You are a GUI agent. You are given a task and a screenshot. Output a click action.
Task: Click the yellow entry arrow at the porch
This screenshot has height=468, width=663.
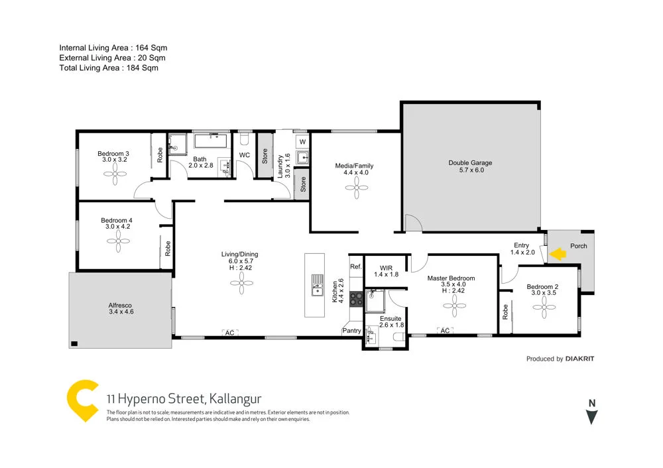pos(558,253)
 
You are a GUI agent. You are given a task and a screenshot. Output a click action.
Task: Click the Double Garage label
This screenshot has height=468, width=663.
pos(470,162)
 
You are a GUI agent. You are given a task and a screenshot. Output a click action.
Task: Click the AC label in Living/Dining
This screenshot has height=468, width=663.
pos(229,333)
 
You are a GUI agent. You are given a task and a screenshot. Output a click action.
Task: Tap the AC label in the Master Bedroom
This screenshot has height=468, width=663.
pos(445,330)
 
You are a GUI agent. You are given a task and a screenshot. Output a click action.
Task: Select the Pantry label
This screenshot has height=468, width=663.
pos(351,329)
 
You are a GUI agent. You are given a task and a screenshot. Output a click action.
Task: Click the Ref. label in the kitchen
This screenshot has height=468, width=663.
pos(356,266)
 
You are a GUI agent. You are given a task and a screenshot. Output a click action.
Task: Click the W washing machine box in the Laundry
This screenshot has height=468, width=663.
pos(302,142)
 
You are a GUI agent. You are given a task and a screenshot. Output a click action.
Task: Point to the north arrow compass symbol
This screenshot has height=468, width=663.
pos(592,417)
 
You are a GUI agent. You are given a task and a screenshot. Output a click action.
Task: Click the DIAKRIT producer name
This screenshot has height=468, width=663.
pos(580,359)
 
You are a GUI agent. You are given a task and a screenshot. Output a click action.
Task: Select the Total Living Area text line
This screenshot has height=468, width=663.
pos(109,68)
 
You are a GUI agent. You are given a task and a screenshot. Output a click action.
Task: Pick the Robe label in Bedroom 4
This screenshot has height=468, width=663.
pos(168,248)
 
